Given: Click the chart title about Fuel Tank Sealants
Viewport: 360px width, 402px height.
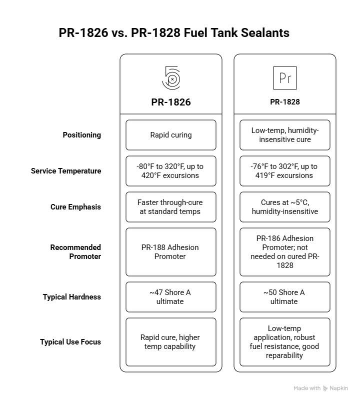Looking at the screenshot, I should coord(174,33).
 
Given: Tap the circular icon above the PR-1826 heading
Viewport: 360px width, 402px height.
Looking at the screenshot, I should coord(171,78).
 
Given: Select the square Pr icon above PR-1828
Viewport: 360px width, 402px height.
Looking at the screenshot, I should coord(285,78).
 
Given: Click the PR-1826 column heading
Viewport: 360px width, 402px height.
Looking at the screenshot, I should coord(171,102).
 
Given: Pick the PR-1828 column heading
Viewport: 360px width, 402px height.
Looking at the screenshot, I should coord(285,102).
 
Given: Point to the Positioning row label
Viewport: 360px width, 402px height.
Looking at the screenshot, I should coord(81,135).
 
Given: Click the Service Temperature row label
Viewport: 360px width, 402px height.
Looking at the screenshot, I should coord(66,171).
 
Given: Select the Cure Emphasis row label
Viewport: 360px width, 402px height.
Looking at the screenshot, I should coord(75,207).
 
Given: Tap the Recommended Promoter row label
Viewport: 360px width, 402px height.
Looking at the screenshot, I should coord(75,252).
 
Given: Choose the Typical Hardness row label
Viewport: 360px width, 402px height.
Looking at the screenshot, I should coord(71,297).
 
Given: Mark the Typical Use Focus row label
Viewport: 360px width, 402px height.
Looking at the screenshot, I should coord(70,342).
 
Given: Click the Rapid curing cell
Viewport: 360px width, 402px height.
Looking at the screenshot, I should coord(171,135).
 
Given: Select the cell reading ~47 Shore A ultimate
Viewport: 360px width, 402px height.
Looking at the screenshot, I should coord(171,297).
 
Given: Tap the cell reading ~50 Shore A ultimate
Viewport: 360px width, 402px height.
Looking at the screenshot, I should coord(285,297).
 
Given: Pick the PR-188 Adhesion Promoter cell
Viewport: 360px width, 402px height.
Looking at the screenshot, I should coord(171,252).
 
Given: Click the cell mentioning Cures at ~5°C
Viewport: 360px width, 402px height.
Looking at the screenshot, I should coord(285,207).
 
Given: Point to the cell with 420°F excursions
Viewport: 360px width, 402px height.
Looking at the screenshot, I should coord(171,171).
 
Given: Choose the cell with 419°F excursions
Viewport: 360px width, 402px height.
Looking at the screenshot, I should coord(285,171).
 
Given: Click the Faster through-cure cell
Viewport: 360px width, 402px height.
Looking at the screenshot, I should coord(171,207).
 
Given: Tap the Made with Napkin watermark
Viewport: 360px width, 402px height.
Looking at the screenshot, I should coord(320,388).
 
